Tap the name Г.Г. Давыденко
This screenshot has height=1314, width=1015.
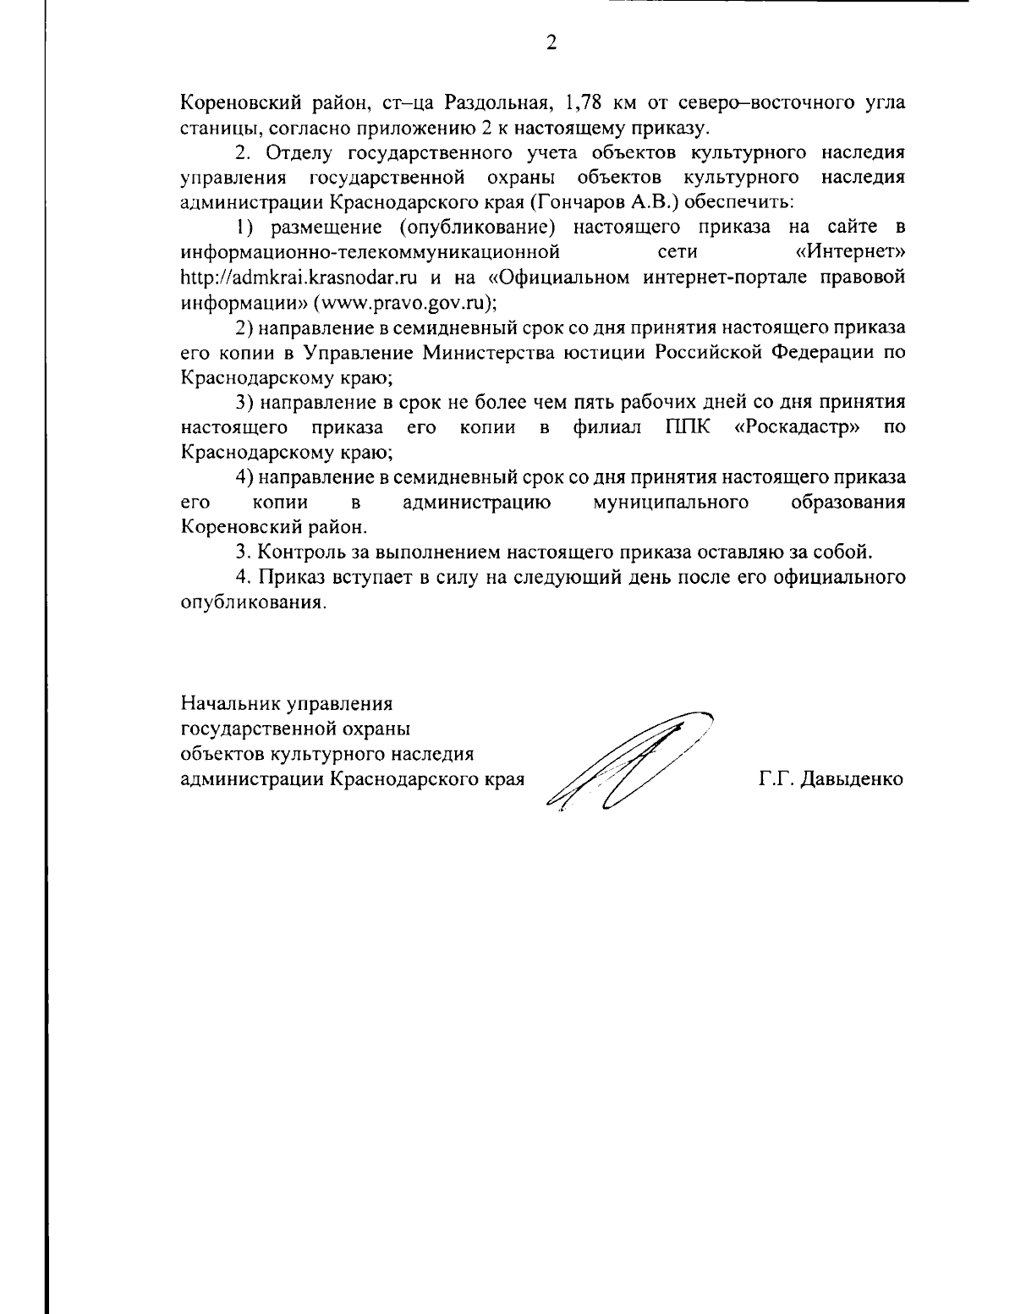(x=831, y=778)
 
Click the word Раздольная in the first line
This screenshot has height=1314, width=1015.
(x=492, y=103)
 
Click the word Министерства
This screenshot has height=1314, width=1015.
(x=491, y=352)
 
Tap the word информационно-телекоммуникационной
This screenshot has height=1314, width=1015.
(x=371, y=252)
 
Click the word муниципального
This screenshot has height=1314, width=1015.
(x=671, y=503)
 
